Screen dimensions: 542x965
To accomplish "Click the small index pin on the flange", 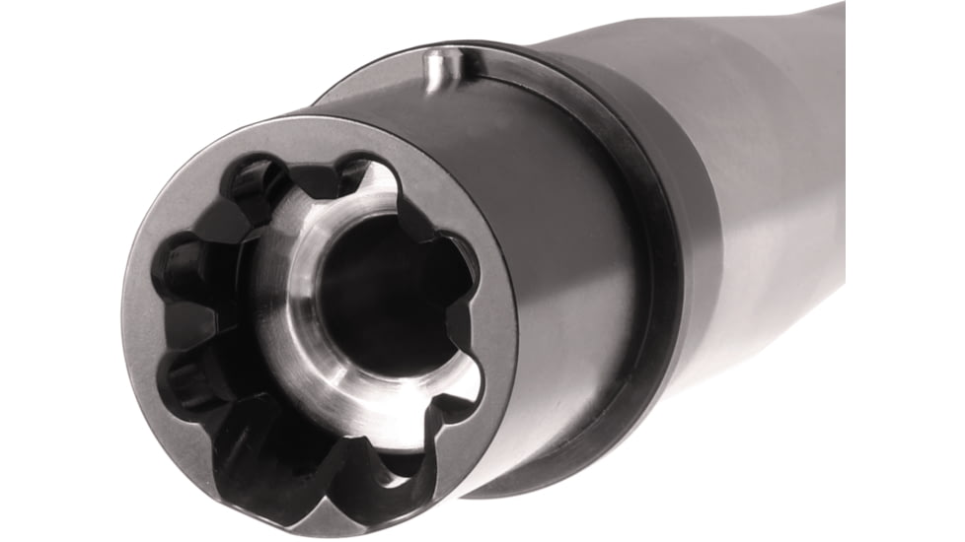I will [x=434, y=68].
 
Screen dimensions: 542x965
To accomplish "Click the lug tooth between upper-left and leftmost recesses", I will [x=212, y=222].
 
